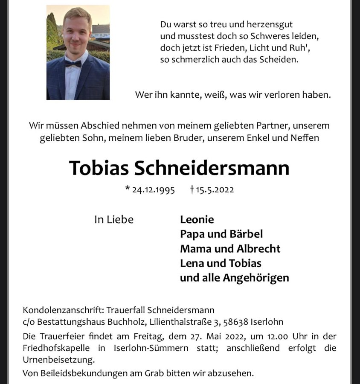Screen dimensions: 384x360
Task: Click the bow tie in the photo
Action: click(73, 64)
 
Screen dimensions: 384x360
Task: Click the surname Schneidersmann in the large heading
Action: click(212, 168)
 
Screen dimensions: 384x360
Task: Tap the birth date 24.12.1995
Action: click(154, 190)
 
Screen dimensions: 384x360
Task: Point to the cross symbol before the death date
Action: click(192, 189)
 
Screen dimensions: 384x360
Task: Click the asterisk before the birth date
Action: click(128, 189)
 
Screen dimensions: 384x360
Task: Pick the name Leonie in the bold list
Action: click(197, 220)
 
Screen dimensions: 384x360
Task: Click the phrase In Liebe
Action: click(114, 220)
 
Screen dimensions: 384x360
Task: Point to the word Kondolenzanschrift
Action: click(62, 310)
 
